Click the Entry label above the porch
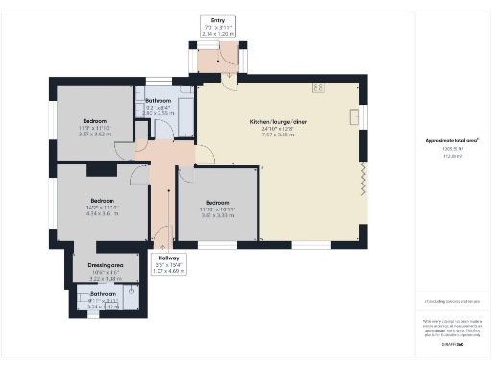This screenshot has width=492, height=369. coord(218,19)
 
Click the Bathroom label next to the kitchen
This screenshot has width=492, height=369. coord(158,101)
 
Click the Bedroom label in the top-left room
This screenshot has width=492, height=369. coord(98,121)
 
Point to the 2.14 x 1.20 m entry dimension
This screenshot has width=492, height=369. coord(218,33)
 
